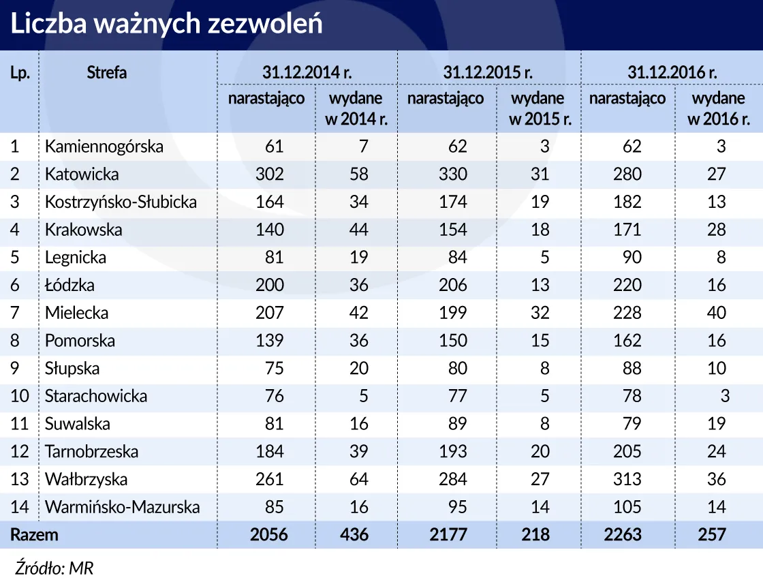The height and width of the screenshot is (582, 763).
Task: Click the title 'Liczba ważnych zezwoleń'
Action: tap(166, 24)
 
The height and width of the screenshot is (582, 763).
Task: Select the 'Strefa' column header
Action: tap(107, 72)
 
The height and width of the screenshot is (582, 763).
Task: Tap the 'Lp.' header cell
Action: tap(20, 73)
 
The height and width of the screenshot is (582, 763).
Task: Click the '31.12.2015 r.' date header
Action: tap(488, 72)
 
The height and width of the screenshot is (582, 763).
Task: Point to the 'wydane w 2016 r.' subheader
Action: tap(719, 108)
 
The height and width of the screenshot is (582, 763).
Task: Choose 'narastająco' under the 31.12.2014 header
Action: tap(266, 98)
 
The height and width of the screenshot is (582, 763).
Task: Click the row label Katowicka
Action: tap(82, 174)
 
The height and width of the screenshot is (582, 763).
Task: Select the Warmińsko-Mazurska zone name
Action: tap(123, 507)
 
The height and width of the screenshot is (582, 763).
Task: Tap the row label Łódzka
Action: tap(70, 285)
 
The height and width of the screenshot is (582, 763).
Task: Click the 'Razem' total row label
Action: tap(34, 535)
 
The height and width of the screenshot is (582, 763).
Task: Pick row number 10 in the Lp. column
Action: tap(20, 396)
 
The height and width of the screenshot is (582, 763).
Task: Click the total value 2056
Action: tap(268, 535)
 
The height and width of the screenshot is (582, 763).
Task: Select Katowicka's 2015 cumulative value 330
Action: tap(453, 174)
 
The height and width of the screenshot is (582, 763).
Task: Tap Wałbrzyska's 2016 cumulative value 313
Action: tap(627, 479)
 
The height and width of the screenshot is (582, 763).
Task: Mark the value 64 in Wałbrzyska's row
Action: tap(358, 479)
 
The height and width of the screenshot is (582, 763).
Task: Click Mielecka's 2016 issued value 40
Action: tap(716, 313)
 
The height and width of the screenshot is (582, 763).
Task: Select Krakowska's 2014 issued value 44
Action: tap(358, 230)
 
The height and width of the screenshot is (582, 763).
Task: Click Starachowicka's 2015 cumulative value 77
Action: tap(457, 396)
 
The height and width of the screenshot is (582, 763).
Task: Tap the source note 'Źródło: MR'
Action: tap(53, 568)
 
